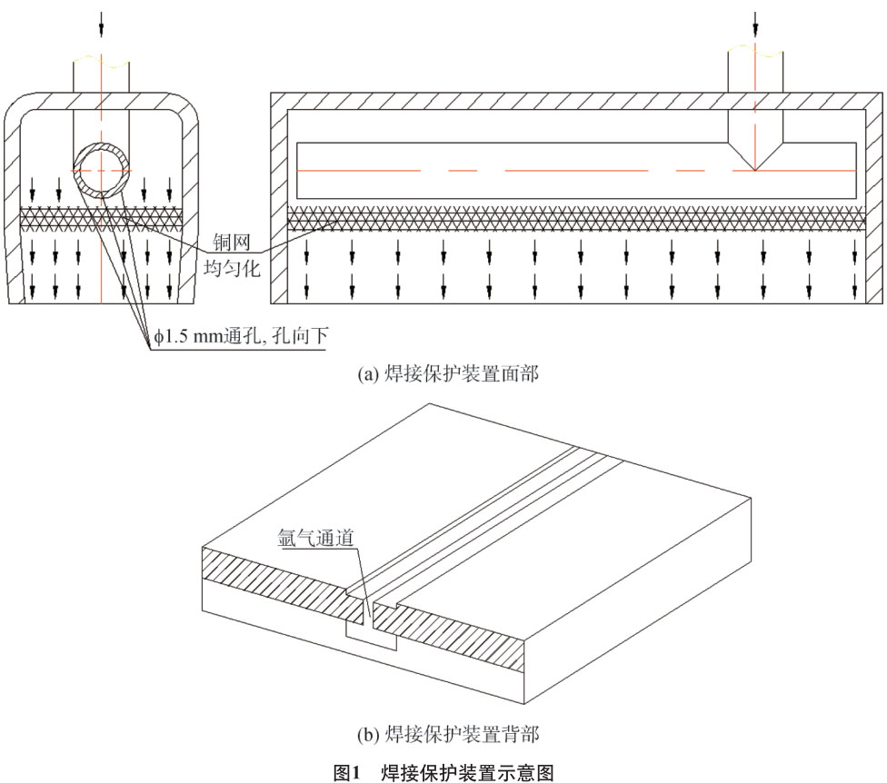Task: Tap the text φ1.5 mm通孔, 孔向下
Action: coord(240,337)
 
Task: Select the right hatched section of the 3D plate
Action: coord(454,636)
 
